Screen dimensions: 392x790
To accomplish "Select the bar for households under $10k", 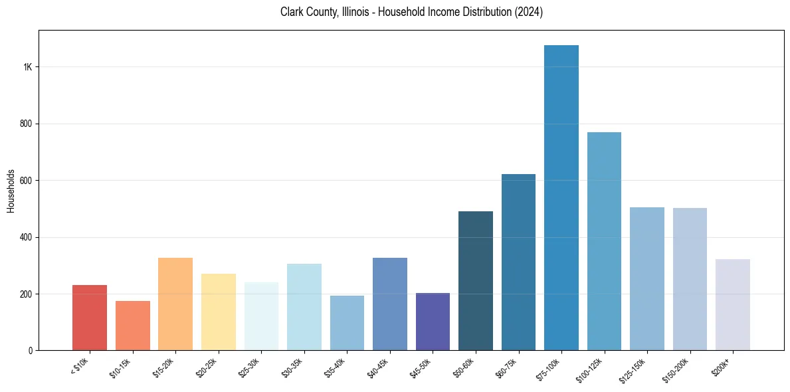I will coord(90,318).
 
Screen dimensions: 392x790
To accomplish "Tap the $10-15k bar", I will coord(132,326).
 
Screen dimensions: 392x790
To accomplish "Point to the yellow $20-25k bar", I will coord(219,312).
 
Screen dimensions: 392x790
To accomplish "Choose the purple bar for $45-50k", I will coord(433,322).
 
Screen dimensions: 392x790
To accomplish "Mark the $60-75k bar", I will coord(518,262).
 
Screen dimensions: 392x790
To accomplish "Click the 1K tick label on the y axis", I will coord(29,67).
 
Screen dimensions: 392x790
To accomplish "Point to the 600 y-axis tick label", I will coord(27,181).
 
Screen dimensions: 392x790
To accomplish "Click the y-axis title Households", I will coord(11,191).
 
